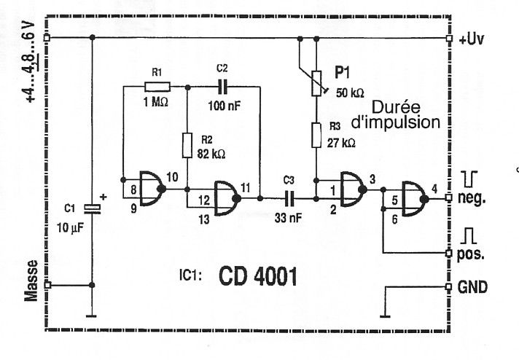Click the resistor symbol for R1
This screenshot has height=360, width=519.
click(x=157, y=87)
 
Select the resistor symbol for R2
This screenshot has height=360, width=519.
click(x=187, y=145)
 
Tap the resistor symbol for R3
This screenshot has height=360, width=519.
click(x=316, y=135)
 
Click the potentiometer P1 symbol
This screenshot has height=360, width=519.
click(x=316, y=83)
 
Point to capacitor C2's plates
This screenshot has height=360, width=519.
click(x=222, y=87)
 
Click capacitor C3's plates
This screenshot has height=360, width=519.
click(x=289, y=198)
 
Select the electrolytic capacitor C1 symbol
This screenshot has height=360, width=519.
click(x=92, y=208)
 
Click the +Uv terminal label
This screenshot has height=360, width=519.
click(x=472, y=39)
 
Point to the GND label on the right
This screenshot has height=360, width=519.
click(x=472, y=287)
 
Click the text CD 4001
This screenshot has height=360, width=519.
click(x=258, y=277)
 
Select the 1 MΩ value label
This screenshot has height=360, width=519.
click(x=155, y=102)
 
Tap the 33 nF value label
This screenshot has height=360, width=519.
click(x=289, y=218)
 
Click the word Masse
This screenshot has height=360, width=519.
click(x=31, y=281)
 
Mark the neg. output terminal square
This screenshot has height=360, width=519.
click(x=448, y=198)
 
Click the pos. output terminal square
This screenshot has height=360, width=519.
click(x=448, y=254)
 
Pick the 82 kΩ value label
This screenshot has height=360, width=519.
click(x=211, y=154)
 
